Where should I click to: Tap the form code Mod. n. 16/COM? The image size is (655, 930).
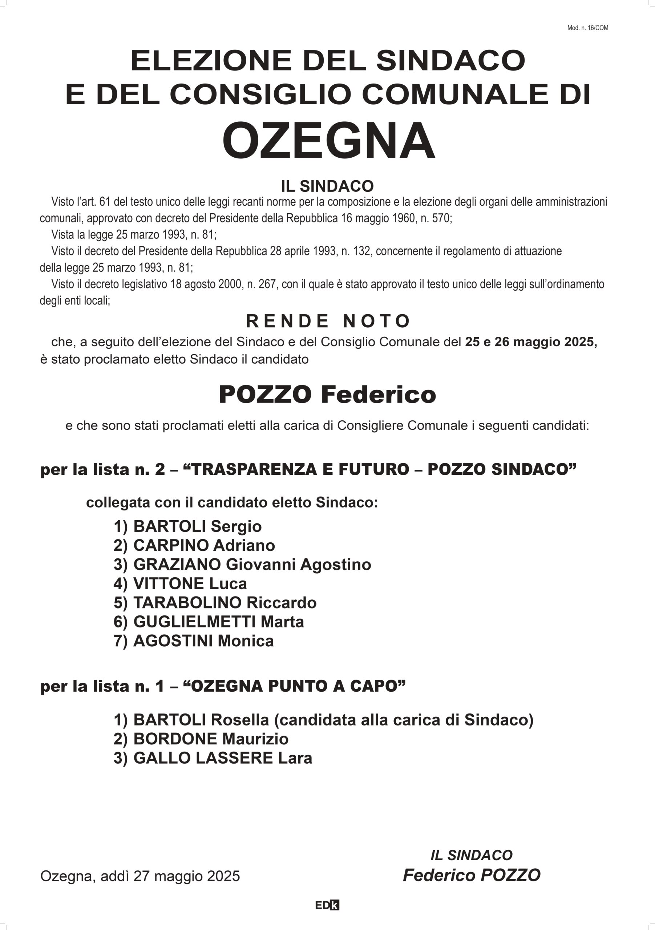click(x=587, y=28)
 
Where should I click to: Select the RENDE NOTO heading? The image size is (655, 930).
click(x=328, y=321)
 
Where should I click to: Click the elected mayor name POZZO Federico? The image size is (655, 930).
click(x=327, y=395)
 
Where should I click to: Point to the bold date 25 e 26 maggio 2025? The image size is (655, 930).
click(x=531, y=342)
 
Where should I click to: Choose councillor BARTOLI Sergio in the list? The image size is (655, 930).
click(x=187, y=526)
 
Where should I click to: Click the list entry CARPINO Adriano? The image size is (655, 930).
click(x=194, y=546)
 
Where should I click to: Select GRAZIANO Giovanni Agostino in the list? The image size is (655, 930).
click(x=242, y=565)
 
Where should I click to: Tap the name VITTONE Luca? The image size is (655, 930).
click(x=180, y=584)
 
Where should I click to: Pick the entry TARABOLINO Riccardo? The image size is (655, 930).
click(x=215, y=603)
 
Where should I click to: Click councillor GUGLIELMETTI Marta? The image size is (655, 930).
click(x=209, y=622)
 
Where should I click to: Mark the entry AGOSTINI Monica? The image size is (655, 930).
click(x=194, y=641)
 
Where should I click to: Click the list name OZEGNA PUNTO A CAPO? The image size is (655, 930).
click(x=295, y=686)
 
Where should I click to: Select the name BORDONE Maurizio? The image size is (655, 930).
click(x=201, y=739)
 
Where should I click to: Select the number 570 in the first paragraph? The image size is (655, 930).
click(x=441, y=218)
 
